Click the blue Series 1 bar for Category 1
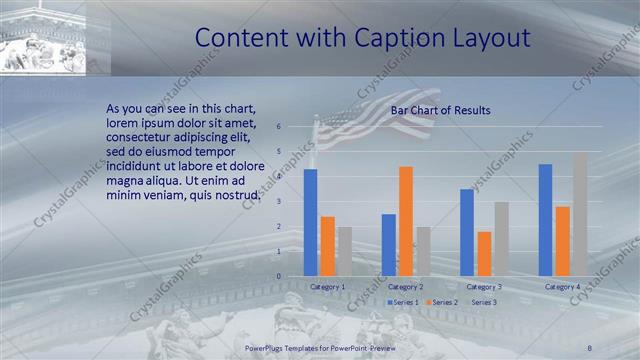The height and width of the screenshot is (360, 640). tap(310, 222)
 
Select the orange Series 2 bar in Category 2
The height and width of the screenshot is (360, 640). tap(405, 221)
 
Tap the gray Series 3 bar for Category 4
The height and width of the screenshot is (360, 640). tap(580, 214)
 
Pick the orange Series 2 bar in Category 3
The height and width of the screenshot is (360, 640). tap(484, 254)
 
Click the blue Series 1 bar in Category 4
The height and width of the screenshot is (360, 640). tap(545, 220)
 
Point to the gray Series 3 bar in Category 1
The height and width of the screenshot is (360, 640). tap(344, 251)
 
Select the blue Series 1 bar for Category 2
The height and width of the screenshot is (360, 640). tap(388, 245)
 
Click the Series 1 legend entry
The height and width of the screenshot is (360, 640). tap(404, 301)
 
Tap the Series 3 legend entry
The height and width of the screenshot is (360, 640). tap(483, 301)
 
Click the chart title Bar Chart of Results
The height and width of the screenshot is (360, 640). tap(440, 110)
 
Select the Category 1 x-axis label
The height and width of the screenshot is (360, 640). tap(327, 287)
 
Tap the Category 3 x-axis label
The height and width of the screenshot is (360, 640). tap(484, 287)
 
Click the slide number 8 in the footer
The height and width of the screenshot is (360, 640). tap(591, 346)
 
